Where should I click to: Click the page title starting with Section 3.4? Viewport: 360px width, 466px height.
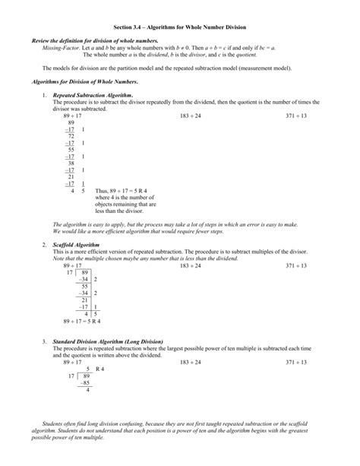(180, 27)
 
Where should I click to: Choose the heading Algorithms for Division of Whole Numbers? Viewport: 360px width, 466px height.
(83, 80)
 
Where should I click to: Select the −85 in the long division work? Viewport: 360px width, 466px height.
(84, 383)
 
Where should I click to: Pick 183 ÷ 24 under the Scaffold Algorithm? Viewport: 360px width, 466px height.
(191, 265)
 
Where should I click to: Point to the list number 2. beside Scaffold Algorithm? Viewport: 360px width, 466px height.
(45, 246)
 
